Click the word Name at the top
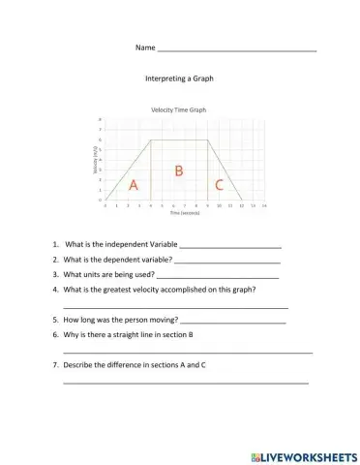(144, 47)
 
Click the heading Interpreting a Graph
(178, 78)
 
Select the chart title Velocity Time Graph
(178, 110)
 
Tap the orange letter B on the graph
(178, 170)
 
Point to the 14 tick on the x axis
(264, 205)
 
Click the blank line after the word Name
(236, 48)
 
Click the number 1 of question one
(55, 245)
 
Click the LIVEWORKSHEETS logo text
(308, 455)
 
